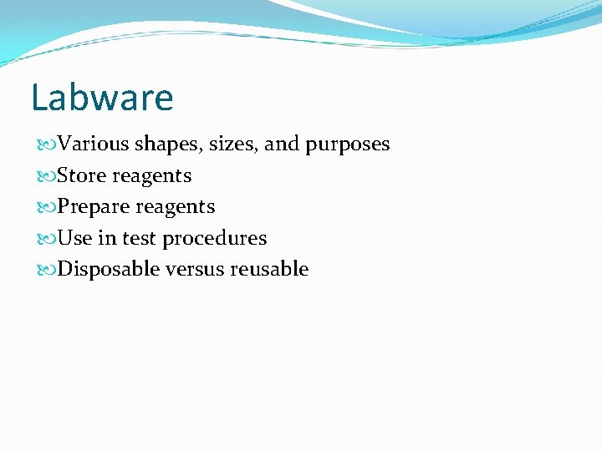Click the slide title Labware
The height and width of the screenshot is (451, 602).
click(102, 98)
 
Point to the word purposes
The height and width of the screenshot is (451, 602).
click(347, 144)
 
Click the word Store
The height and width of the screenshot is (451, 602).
click(82, 176)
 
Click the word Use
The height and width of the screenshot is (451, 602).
click(75, 238)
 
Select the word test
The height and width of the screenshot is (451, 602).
click(140, 238)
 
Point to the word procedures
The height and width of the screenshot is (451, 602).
click(214, 239)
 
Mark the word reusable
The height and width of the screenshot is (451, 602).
click(269, 269)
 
